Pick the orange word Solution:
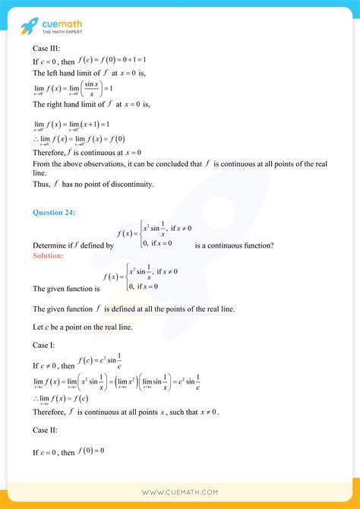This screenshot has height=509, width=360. point(48,256)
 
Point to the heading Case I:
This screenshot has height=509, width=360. point(43,344)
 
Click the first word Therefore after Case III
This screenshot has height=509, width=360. point(52,153)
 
